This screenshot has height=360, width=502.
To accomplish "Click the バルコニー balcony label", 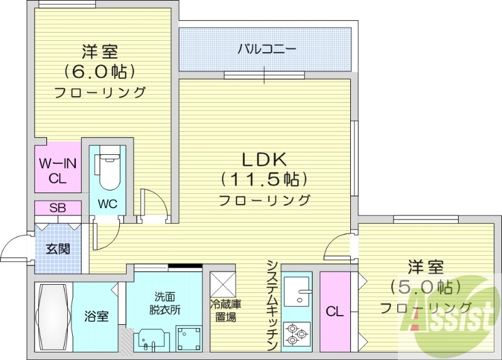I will click(x=265, y=49).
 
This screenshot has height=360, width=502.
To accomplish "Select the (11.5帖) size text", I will click(x=264, y=180).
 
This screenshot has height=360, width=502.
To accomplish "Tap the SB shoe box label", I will click(x=58, y=208).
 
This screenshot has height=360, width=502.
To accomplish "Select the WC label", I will click(x=107, y=204).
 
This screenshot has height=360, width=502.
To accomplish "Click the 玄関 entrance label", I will click(x=58, y=249).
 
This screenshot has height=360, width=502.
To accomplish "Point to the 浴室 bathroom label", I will click(x=97, y=315).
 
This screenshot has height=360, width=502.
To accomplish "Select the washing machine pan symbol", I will click(x=188, y=338).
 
